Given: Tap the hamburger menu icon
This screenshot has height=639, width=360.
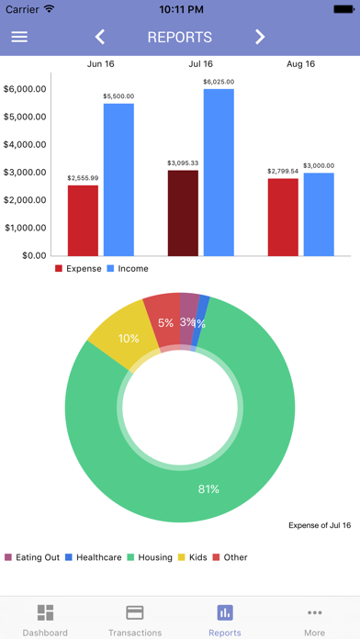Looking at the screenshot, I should pos(19,37).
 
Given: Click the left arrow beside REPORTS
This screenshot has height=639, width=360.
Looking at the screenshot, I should pos(100,37).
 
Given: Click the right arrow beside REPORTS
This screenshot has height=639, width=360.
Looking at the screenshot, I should pos(260,37).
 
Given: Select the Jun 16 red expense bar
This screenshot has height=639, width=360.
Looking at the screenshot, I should pos(83,220).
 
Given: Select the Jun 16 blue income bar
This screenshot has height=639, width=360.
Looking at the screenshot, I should pos(118,179).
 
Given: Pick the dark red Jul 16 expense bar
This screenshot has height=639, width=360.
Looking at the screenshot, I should pos(183,213).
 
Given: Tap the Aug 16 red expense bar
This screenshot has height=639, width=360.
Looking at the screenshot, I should pos(283,217).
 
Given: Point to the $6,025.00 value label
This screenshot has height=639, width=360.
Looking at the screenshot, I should pos(219,82).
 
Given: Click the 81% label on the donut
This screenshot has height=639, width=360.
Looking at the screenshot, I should pos(208,489).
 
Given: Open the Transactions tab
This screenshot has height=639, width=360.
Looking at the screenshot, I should pos(135,620).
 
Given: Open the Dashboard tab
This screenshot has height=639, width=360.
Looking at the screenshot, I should pos(45,620).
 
